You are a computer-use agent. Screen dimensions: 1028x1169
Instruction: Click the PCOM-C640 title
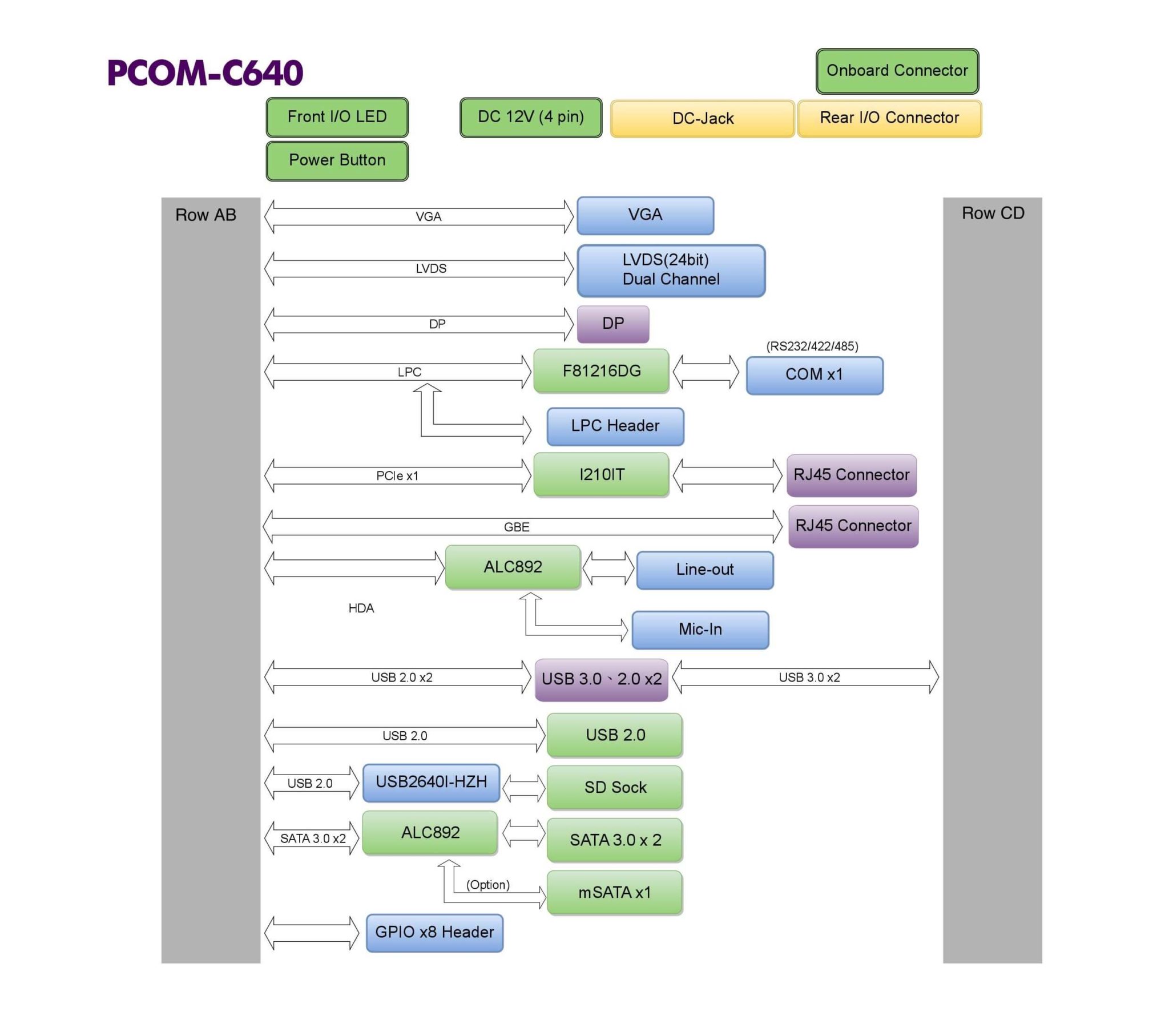(205, 72)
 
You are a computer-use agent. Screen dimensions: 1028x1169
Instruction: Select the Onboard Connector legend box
(897, 71)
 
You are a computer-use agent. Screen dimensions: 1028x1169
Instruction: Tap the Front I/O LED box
(337, 116)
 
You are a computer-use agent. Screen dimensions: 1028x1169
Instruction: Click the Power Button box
(337, 160)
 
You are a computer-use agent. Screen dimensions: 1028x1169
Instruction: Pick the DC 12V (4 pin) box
(530, 117)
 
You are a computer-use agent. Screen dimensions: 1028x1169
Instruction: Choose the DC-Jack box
(702, 118)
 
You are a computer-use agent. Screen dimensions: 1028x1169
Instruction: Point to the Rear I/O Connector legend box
(889, 118)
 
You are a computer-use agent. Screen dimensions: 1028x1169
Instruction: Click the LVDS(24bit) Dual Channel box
(670, 270)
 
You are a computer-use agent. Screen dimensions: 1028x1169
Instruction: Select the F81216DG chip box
(601, 370)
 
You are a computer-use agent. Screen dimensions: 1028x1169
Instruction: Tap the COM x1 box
(814, 374)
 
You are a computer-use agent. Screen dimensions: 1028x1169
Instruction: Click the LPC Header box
(615, 426)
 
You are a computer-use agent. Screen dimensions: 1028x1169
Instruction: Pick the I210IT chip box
(601, 474)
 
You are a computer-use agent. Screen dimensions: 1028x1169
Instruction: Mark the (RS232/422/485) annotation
(812, 346)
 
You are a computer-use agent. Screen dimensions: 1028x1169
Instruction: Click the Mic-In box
(700, 629)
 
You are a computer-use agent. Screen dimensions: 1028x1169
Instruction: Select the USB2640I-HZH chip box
(431, 782)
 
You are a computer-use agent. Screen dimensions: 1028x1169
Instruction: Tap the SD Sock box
(615, 787)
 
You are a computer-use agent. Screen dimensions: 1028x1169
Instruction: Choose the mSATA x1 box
(615, 892)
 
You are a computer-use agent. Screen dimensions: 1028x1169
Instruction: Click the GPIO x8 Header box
(434, 933)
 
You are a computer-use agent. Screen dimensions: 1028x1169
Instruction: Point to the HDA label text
(361, 608)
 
